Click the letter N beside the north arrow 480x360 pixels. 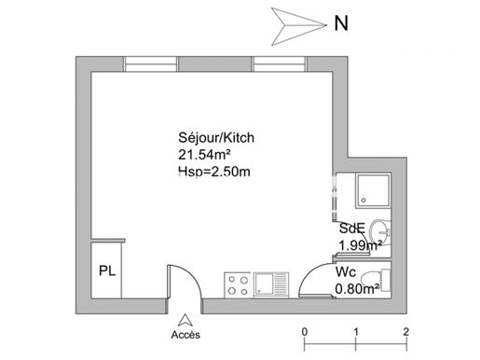click(x=341, y=23)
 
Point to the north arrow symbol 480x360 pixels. click(x=299, y=26)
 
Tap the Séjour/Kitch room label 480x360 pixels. click(x=216, y=137)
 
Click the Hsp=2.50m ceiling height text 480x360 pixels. click(x=214, y=172)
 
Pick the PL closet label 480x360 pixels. click(x=107, y=270)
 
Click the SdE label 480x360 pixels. click(x=352, y=228)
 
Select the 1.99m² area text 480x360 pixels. click(x=360, y=245)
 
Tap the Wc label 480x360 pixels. click(x=346, y=272)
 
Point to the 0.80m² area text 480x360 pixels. click(x=357, y=289)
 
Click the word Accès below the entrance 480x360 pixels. click(x=185, y=335)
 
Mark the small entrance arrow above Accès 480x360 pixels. click(x=185, y=320)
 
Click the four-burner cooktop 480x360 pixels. click(x=238, y=285)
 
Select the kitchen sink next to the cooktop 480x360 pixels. click(x=271, y=285)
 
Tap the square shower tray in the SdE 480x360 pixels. click(x=373, y=190)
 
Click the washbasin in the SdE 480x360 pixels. click(x=379, y=232)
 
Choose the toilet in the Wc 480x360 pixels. click(x=377, y=281)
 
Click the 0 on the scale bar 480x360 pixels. click(x=305, y=332)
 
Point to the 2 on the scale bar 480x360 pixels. click(x=406, y=332)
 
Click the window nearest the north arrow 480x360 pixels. click(x=279, y=64)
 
